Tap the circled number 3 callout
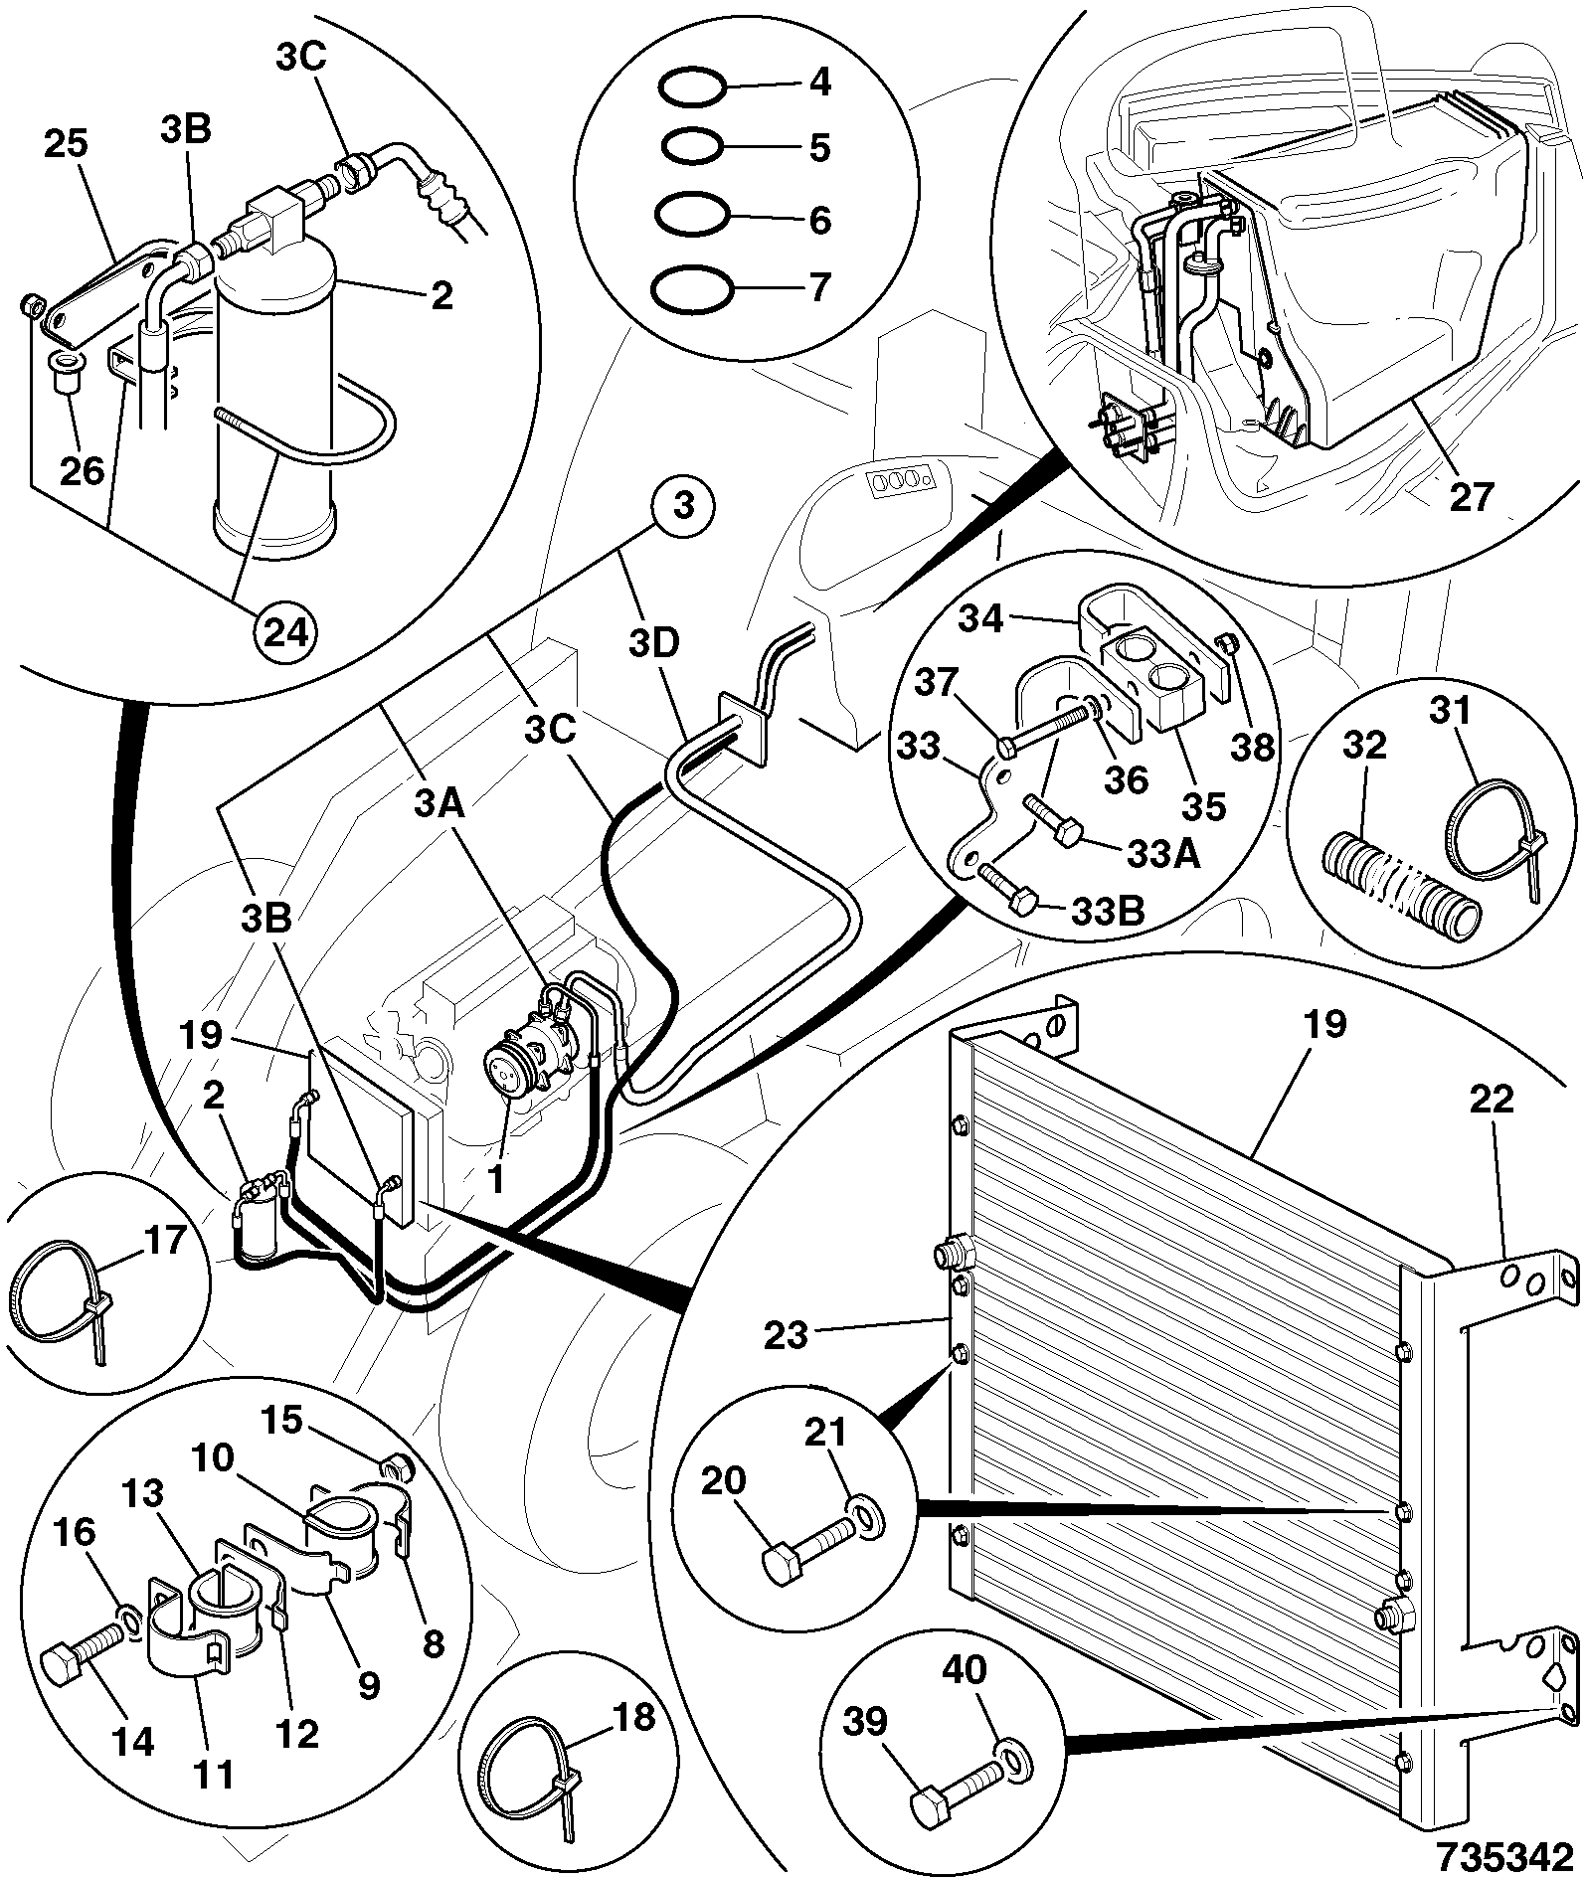click(x=683, y=506)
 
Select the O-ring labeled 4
click(x=691, y=88)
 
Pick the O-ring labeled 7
click(x=692, y=289)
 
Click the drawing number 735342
click(x=1503, y=1853)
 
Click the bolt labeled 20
click(x=808, y=1555)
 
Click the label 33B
click(x=1106, y=910)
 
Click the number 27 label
click(x=1472, y=495)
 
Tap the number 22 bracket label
click(x=1491, y=1100)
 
